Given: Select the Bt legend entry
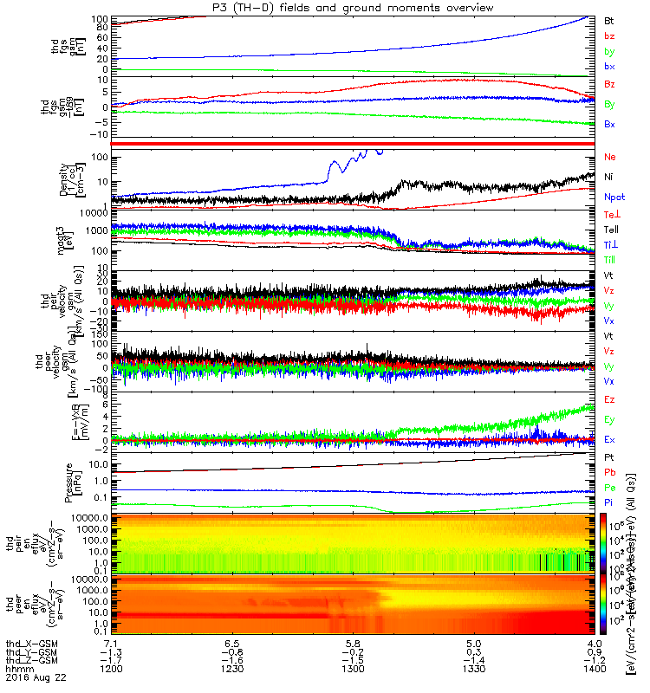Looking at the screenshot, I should coord(608,19).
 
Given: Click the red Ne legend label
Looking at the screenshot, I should coord(609,157).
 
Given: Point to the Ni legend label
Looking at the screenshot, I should coord(608,177).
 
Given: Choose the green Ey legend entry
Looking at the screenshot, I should coord(609,419).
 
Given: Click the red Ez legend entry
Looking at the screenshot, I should coord(609,399).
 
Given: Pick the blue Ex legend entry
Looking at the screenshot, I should coord(609,439).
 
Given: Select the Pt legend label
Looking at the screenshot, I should coord(608,456).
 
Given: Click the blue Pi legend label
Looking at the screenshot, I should coord(608,502).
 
